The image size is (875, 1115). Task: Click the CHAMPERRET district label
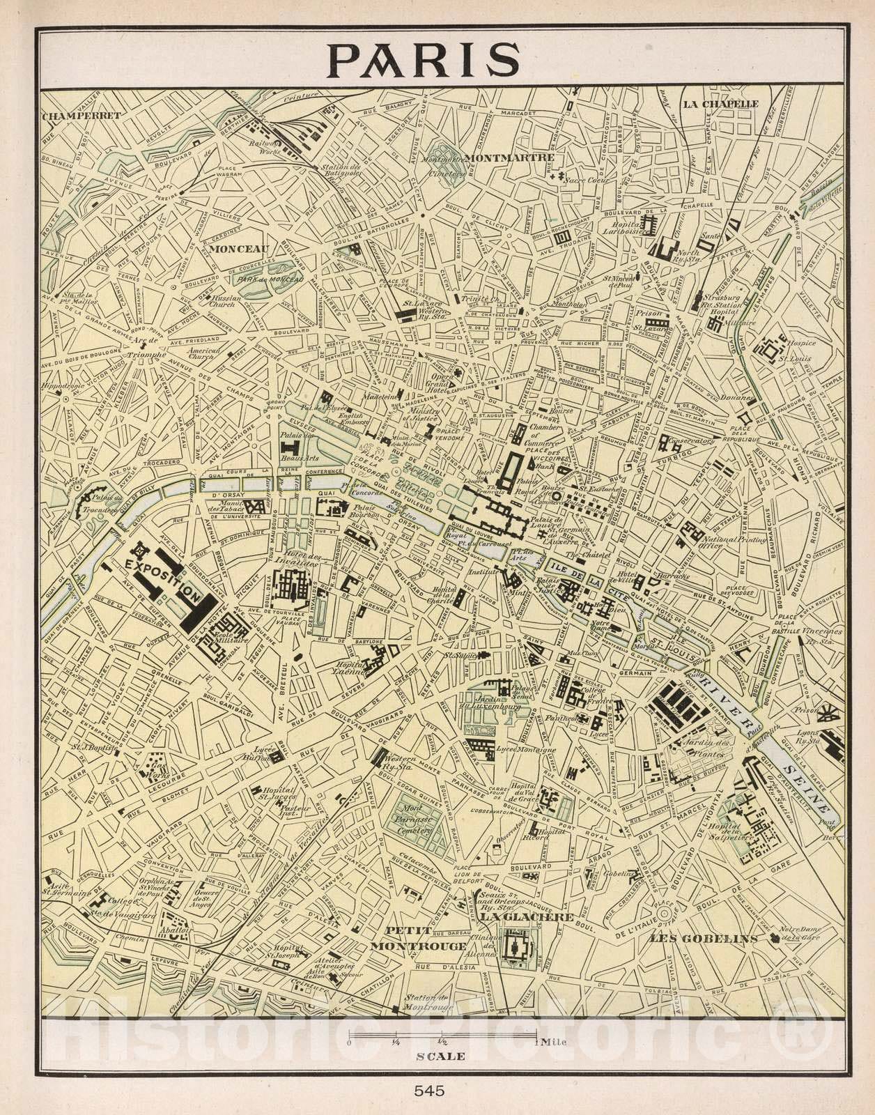point(72,116)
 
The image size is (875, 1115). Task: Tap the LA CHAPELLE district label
point(720,104)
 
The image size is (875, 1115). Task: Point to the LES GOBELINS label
point(703,939)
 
